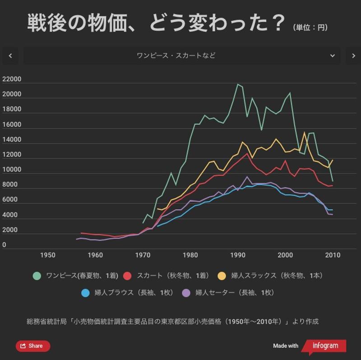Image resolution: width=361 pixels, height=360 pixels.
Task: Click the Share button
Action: coord(33,346)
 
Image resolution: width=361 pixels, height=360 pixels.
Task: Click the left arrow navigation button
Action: coord(10,56)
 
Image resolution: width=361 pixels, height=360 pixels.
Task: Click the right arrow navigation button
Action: coord(353,56)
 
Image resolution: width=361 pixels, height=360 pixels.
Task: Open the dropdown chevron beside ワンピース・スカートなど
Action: coord(333,56)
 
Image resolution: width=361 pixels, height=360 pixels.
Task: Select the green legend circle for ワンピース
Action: coord(37,276)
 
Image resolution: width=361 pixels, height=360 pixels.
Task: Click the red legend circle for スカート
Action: coord(127,276)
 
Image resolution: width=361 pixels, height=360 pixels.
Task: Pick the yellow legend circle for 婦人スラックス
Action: coord(222,276)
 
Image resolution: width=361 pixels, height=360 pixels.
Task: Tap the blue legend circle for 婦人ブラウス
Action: coord(85,293)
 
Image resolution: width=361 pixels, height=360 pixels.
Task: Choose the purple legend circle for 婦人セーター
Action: coord(186,293)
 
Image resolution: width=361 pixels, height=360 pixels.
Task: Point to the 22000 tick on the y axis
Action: coord(12,79)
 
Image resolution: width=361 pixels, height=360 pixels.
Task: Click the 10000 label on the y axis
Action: coord(12,170)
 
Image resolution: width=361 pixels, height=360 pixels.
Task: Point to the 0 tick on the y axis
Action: coord(5,245)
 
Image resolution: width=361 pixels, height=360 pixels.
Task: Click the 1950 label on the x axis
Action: coord(48,255)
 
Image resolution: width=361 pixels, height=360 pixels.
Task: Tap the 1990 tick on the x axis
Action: coord(238,255)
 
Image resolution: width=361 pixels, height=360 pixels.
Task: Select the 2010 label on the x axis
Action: coord(333,255)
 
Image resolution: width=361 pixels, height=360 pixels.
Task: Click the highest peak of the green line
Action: coord(237,84)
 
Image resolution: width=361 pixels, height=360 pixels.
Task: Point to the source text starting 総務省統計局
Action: coord(172,322)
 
